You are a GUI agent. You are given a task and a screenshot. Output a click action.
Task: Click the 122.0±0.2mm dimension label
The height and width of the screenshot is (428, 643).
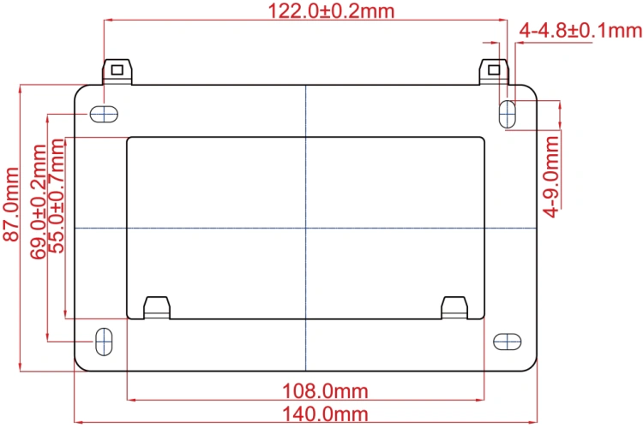coord(331,10)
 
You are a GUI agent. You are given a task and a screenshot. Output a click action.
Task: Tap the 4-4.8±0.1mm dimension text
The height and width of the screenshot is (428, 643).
coord(580,31)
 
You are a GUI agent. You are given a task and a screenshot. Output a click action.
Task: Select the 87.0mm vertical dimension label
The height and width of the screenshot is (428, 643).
coord(11,204)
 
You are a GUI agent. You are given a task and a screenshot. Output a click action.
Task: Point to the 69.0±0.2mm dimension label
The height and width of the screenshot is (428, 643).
coord(38,201)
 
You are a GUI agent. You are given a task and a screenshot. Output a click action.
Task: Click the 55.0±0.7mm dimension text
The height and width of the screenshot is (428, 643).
coord(57,196)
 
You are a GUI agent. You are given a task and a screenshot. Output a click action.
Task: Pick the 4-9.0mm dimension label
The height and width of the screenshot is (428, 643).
coord(551,176)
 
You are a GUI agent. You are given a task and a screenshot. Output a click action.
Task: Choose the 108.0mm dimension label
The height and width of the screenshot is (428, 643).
coord(325,391)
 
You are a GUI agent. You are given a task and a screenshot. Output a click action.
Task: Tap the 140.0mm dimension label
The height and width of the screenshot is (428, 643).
coord(325,413)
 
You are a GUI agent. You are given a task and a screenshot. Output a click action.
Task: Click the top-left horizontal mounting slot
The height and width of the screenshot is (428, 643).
coord(104,114)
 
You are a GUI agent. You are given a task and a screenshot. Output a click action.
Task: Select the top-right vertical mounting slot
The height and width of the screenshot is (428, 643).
coord(508,114)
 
